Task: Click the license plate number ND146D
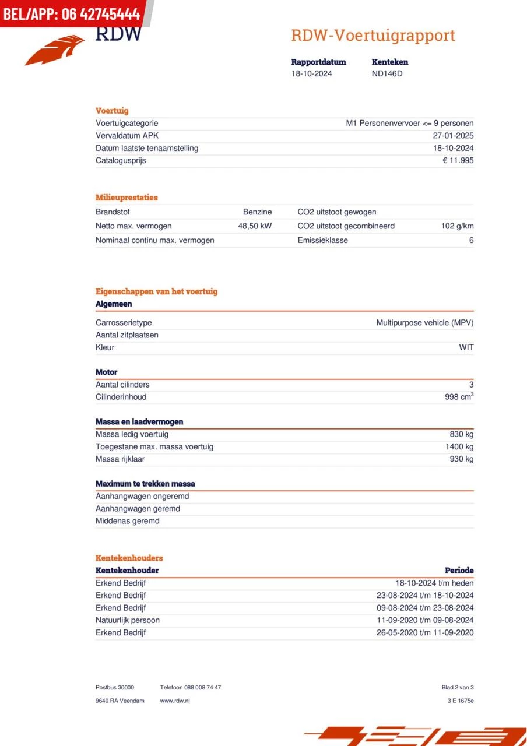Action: [x=387, y=73]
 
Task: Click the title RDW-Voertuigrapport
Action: [x=373, y=36]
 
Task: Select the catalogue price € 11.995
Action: [x=458, y=160]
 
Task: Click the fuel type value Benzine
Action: [x=257, y=212]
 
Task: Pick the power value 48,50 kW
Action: [x=255, y=226]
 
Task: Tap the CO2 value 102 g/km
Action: [x=457, y=226]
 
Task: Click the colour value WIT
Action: [x=466, y=347]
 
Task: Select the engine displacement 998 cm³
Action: [x=459, y=397]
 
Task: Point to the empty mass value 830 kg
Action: [x=461, y=434]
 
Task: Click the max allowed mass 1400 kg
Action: [x=459, y=446]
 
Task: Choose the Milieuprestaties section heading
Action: [x=127, y=198]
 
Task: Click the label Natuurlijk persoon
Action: [x=127, y=620]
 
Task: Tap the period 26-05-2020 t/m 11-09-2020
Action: [x=425, y=632]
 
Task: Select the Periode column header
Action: [x=459, y=571]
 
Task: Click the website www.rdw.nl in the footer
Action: [x=175, y=701]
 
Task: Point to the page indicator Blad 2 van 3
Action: [x=458, y=688]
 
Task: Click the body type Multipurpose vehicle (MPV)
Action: [x=424, y=322]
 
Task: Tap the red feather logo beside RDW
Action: [x=55, y=50]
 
